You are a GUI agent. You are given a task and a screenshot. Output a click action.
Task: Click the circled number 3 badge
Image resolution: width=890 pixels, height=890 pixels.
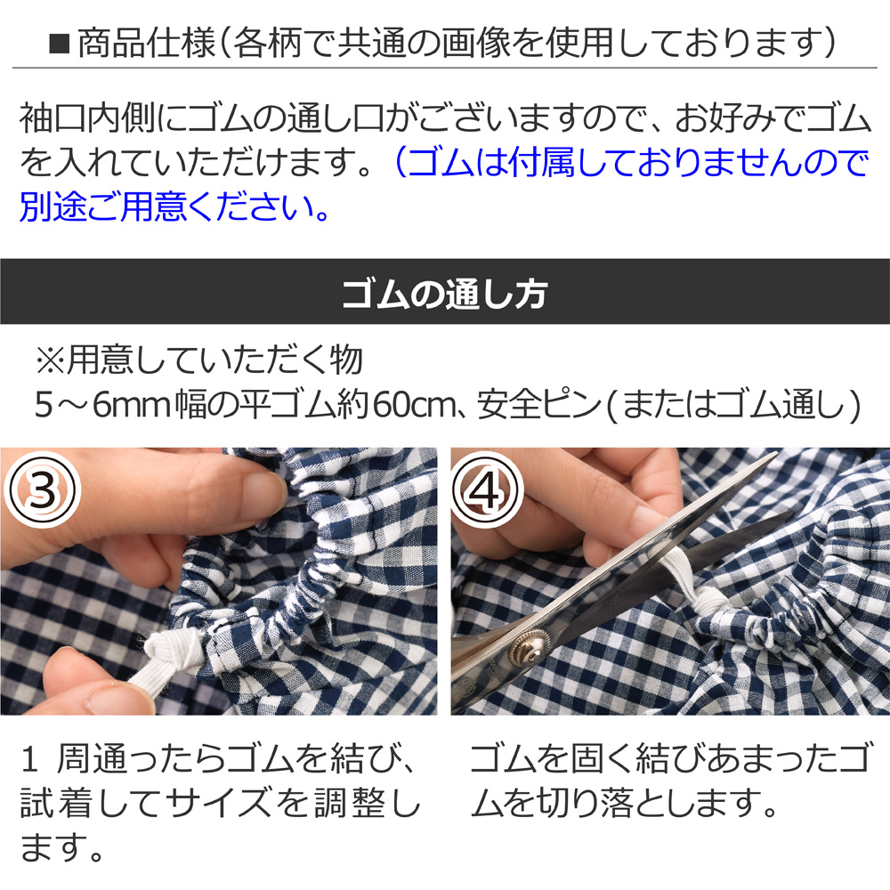tap(42, 490)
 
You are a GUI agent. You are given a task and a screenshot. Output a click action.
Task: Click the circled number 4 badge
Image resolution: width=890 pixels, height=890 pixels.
tap(486, 490)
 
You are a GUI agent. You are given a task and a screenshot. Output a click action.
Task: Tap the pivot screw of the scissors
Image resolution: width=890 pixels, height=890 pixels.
tap(527, 648)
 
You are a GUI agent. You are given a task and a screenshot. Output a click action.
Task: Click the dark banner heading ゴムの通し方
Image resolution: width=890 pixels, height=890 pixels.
tap(445, 294)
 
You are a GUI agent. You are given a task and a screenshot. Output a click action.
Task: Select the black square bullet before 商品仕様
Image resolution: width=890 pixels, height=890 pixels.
tap(60, 44)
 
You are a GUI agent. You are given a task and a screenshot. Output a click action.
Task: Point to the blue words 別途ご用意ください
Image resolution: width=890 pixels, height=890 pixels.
tap(174, 206)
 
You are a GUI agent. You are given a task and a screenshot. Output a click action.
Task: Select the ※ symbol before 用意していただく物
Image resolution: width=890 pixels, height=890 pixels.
tap(51, 361)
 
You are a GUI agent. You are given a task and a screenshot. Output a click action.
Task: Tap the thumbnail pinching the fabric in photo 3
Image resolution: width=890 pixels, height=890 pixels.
tap(261, 487)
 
